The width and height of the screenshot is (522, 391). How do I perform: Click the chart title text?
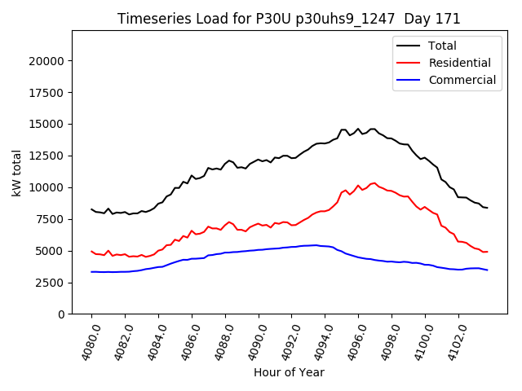289,19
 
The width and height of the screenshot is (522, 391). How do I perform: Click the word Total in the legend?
442,46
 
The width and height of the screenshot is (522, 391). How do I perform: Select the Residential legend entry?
459,63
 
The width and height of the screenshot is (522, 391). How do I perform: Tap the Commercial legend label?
462,80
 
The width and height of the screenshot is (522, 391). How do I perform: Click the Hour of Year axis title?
289,372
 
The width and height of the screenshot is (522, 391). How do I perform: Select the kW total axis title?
16,173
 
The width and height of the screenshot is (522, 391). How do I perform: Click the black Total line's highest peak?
358,128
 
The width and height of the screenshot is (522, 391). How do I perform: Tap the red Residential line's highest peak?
374,182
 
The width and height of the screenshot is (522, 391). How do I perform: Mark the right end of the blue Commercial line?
488,270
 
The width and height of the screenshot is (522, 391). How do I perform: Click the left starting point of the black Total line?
91,209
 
